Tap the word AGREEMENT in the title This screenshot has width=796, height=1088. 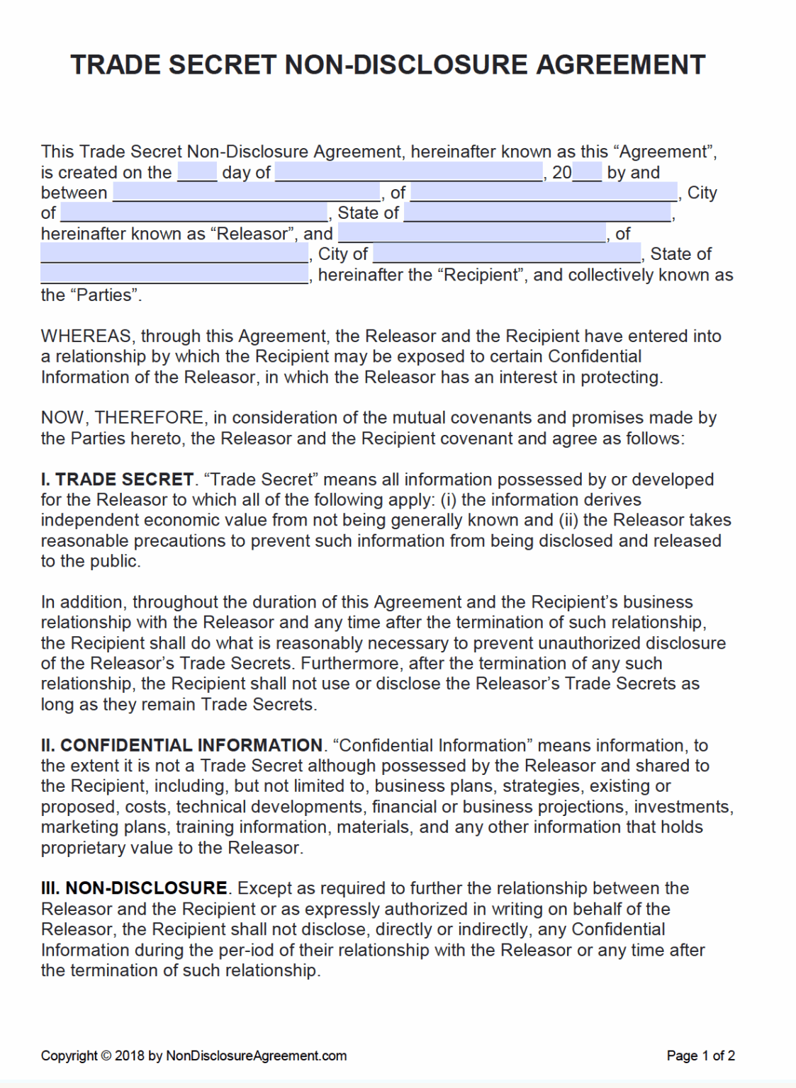pos(620,64)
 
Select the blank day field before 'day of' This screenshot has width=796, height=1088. pos(197,172)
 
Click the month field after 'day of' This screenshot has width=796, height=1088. pos(409,172)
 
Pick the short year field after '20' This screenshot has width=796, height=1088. pos(587,172)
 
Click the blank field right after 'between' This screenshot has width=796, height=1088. pos(246,193)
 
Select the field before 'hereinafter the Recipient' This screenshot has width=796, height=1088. pos(174,275)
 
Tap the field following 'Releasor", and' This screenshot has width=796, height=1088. pos(472,234)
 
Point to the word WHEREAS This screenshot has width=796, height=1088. pos(86,336)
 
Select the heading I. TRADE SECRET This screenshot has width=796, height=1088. pos(117,480)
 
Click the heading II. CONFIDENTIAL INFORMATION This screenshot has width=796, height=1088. pos(181,745)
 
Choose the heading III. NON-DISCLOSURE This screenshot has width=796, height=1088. pos(134,888)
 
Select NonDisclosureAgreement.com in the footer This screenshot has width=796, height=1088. pos(256,1055)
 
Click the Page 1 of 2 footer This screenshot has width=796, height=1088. pos(700,1055)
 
